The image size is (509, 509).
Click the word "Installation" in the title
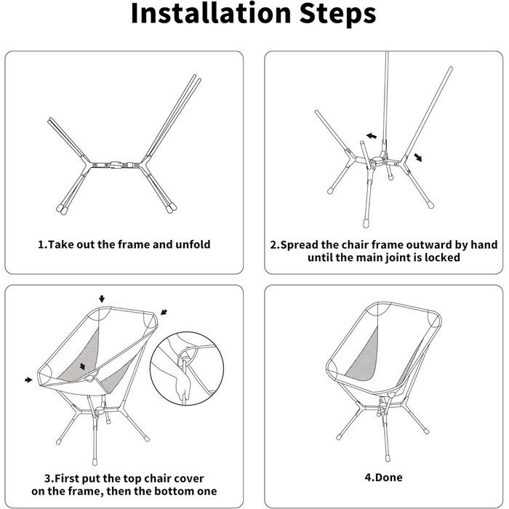point(211,13)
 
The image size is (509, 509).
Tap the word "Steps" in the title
point(337,15)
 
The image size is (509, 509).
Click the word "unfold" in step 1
point(193,244)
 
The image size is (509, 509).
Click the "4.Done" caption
point(383,477)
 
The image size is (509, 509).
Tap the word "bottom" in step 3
point(173,491)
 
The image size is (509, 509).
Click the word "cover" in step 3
point(191,478)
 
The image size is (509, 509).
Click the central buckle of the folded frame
point(116,164)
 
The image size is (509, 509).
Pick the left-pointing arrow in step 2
point(372,136)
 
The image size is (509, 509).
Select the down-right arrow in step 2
point(418,158)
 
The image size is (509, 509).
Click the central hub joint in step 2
point(378,161)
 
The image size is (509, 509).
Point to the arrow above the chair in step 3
point(102,299)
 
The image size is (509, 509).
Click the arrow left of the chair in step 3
point(29,380)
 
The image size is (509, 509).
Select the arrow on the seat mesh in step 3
point(82,366)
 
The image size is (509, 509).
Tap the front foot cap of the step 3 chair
point(95,460)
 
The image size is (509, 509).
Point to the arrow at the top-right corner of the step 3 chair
point(164,312)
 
